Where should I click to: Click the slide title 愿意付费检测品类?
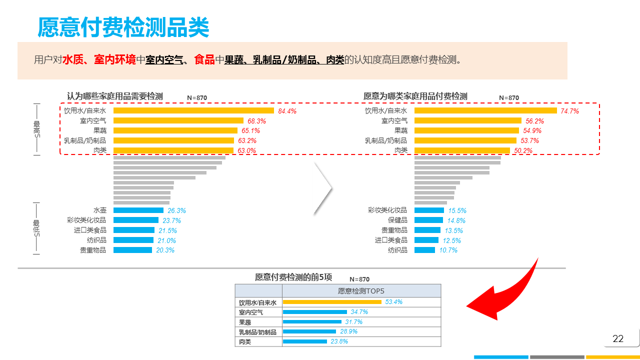click(x=123, y=27)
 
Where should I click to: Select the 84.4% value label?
click(x=287, y=111)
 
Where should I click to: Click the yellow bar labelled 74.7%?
click(x=485, y=110)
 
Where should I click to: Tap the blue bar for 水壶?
click(x=138, y=210)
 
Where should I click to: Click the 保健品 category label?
click(x=397, y=220)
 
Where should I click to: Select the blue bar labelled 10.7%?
click(x=424, y=250)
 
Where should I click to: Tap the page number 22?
click(x=618, y=338)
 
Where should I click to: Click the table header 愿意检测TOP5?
click(x=361, y=291)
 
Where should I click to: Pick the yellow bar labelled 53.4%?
click(x=332, y=302)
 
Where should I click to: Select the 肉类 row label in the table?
click(x=245, y=342)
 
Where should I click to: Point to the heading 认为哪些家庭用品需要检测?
click(x=115, y=96)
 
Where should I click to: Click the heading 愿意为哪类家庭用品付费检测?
click(x=415, y=96)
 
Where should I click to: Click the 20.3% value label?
click(x=165, y=250)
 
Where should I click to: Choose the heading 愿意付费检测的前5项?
click(x=293, y=277)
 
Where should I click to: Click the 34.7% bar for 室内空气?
click(x=314, y=312)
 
